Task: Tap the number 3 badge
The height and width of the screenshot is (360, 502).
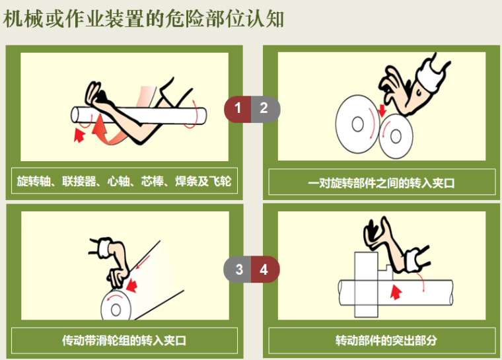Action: [x=238, y=269]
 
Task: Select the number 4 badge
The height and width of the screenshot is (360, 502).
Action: [x=264, y=269]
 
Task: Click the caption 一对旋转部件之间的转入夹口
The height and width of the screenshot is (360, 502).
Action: [x=382, y=182]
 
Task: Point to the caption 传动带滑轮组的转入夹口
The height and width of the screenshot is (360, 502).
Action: [x=124, y=341]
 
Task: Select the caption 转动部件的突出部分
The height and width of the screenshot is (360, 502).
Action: [x=382, y=341]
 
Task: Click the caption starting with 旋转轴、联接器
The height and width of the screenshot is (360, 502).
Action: [x=124, y=181]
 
